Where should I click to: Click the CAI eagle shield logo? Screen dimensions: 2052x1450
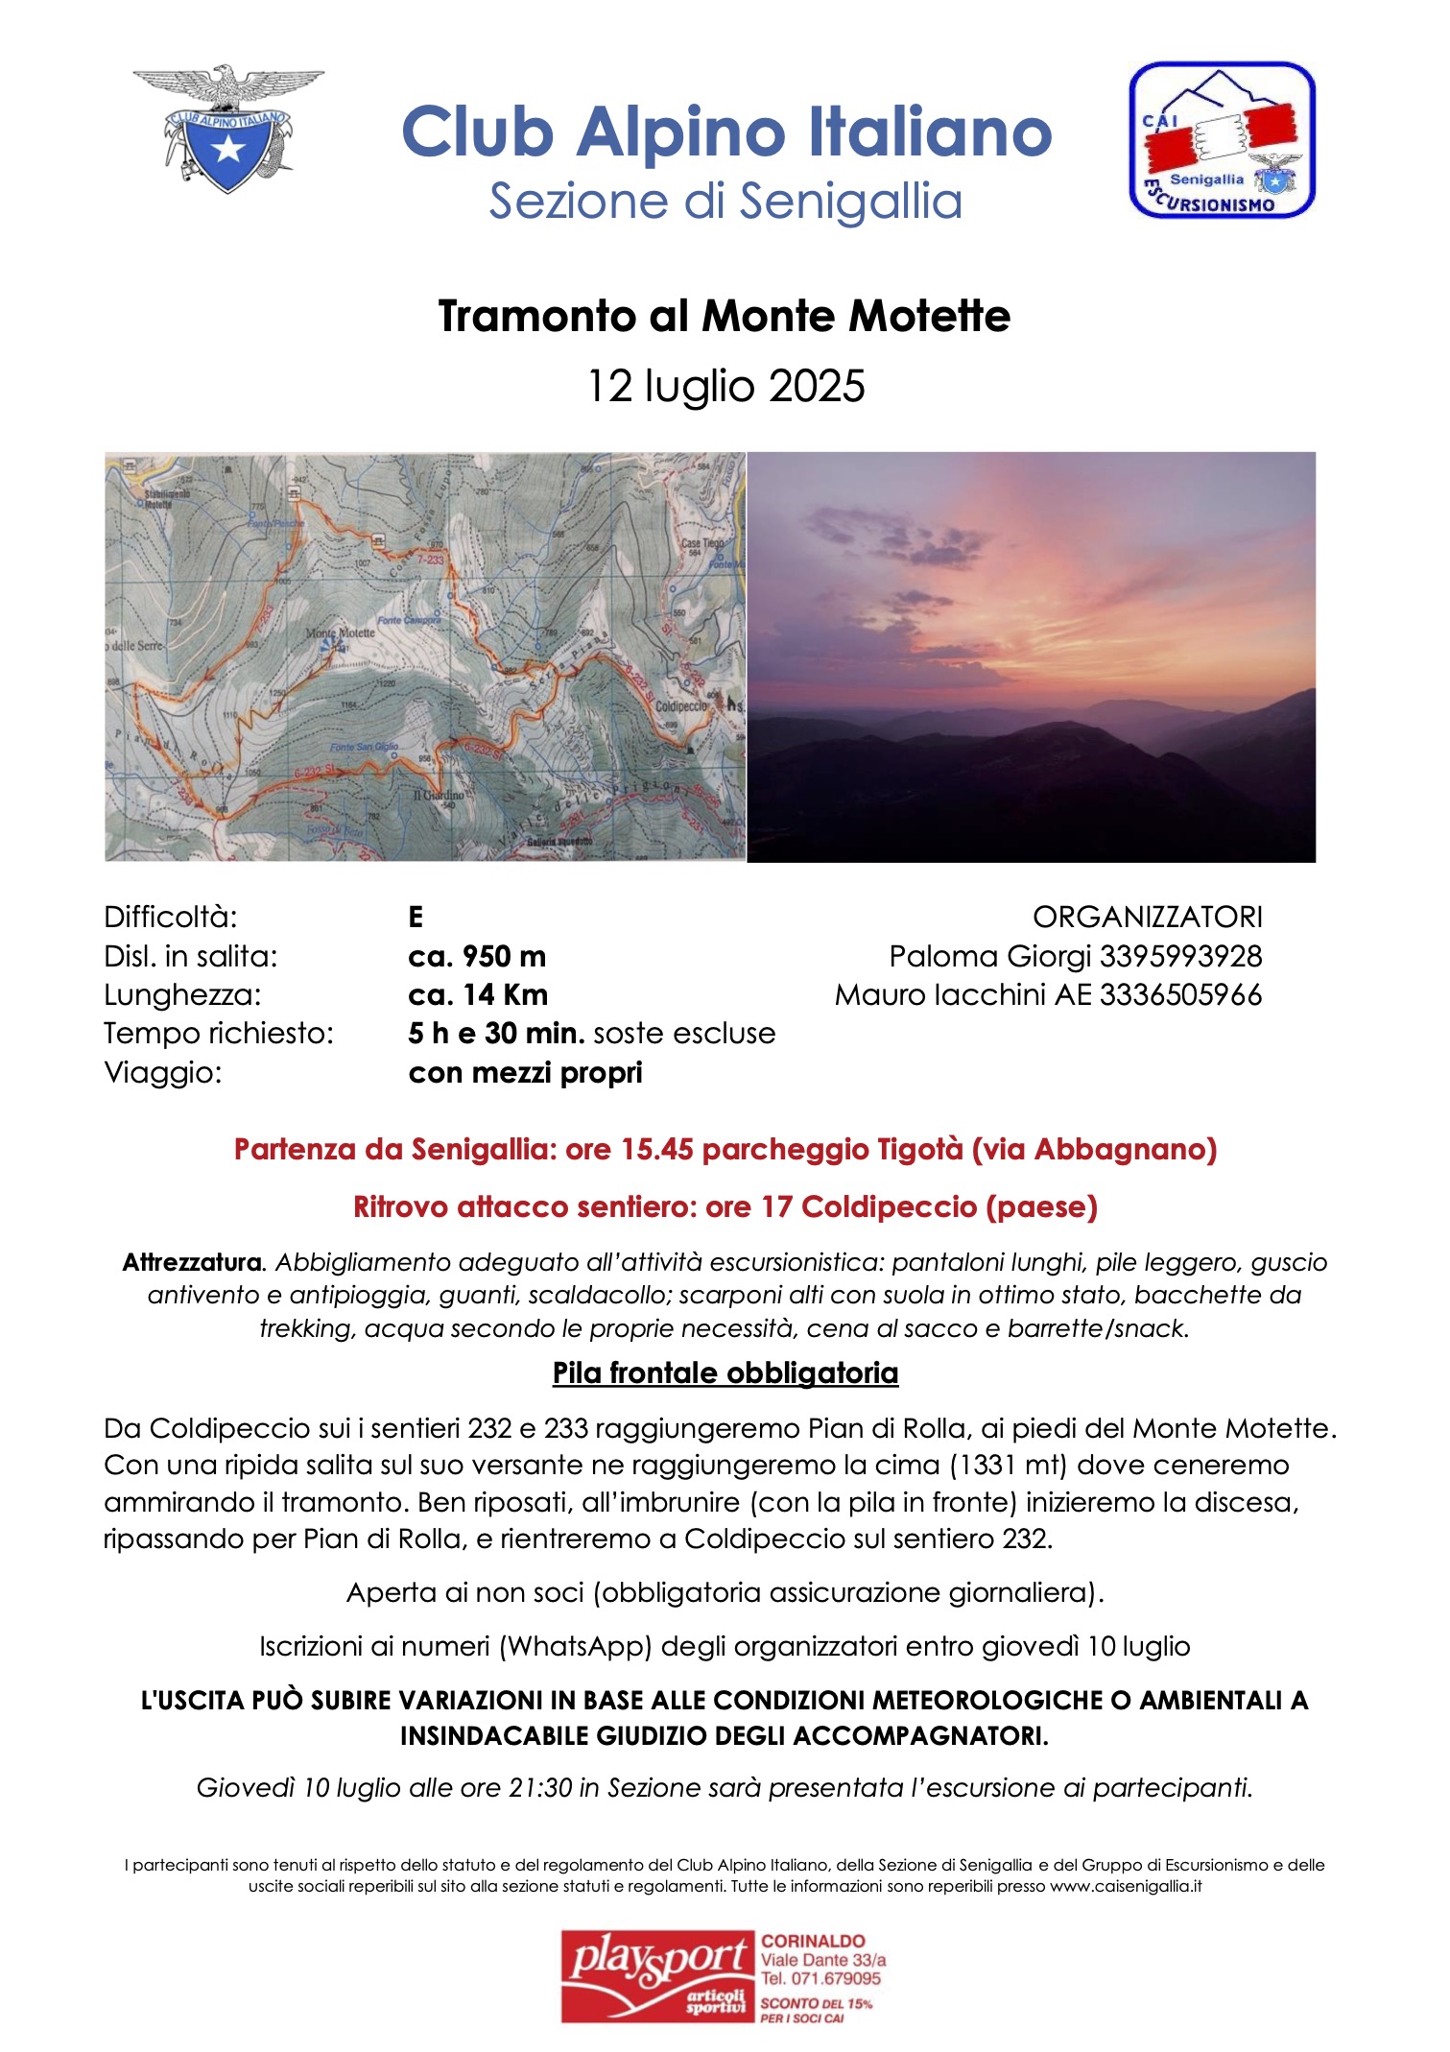coord(227,129)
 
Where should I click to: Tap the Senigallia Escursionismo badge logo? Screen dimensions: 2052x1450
coord(1221,140)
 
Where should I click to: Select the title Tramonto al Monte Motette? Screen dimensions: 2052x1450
coord(724,316)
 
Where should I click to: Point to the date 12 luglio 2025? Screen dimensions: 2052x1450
coord(725,386)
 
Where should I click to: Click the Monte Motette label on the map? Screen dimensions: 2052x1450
coord(340,633)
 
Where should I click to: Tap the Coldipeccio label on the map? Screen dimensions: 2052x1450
coord(680,706)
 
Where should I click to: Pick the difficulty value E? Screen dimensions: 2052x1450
coord(416,918)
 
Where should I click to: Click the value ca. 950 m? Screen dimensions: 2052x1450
coord(477,956)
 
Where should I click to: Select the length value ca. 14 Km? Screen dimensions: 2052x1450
coord(478,995)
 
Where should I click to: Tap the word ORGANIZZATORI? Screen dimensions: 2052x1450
coord(1147,918)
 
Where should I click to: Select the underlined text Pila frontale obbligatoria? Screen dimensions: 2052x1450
coord(725,1373)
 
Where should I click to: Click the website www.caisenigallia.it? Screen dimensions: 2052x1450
coord(1126,1886)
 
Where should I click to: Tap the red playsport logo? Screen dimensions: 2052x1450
coord(658,1976)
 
